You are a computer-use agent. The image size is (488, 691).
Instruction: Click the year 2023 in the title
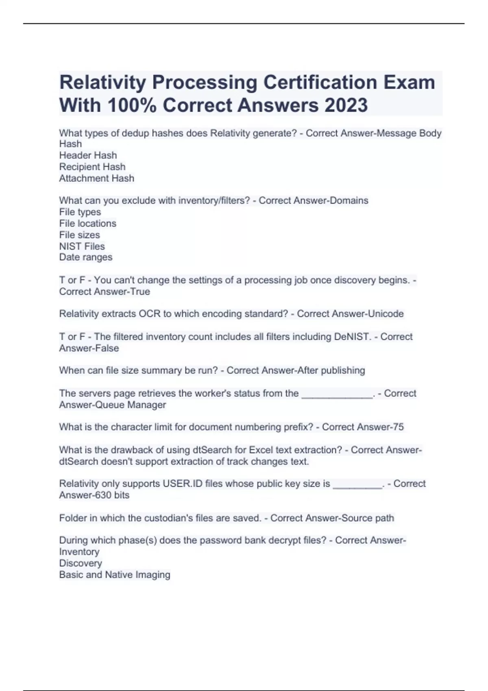pos(346,105)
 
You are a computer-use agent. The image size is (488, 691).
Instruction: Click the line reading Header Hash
pos(88,155)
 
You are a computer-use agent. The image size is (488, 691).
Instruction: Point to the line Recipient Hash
pos(92,167)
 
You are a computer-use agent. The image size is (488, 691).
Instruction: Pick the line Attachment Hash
pos(96,178)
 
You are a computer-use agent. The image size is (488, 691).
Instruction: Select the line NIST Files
pos(82,246)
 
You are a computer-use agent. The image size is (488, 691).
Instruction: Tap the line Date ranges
pos(85,257)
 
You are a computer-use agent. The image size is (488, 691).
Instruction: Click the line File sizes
pos(79,235)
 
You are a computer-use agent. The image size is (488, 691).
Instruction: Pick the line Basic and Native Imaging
pos(115,575)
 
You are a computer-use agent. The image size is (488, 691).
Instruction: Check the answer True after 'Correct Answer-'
pos(140,292)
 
